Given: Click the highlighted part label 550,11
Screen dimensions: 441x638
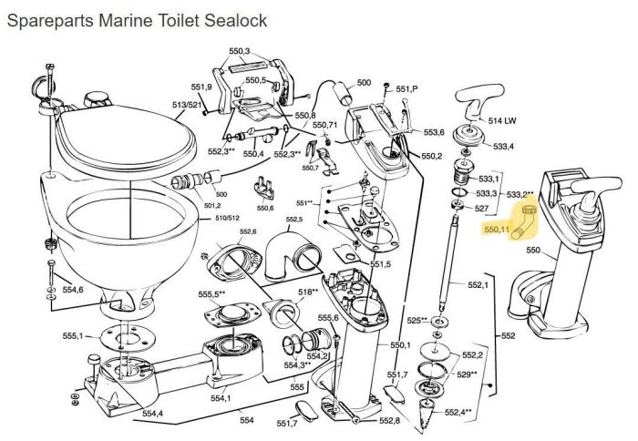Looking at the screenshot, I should pos(497,231).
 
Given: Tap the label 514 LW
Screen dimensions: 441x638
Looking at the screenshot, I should pos(503,120).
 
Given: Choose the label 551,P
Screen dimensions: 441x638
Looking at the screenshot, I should pos(406,88).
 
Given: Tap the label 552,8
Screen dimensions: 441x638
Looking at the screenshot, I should pos(390,420).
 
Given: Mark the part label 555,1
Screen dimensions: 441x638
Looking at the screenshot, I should pos(73,337).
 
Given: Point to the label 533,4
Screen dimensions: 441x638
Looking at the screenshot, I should pos(503,146).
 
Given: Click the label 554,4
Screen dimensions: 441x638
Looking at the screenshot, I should pos(152,414).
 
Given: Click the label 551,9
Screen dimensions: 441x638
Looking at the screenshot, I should pos(201,87).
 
